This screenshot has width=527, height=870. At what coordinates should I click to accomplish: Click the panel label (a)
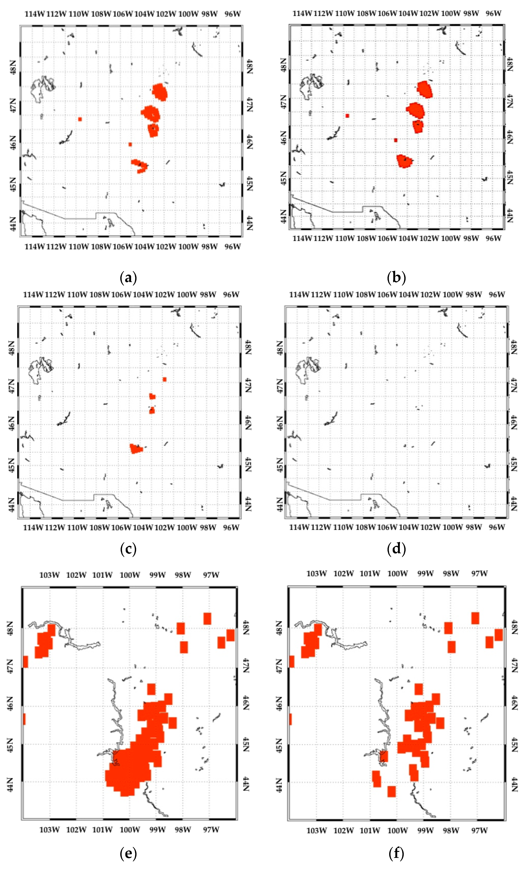tap(128, 278)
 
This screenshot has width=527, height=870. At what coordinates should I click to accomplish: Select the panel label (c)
tap(128, 549)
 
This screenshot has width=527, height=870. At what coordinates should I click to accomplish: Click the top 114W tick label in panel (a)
tap(34, 14)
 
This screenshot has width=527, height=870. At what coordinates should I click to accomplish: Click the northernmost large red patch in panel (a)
tap(160, 91)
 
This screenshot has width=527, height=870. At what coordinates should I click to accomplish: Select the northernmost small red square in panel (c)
tap(164, 379)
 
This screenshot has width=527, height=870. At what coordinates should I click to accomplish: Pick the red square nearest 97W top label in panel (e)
tap(207, 619)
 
